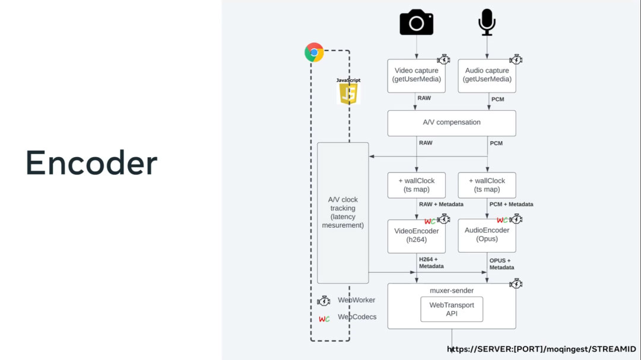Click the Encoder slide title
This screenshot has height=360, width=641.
91,163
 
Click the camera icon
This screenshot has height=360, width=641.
416,22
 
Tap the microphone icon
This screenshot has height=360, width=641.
487,22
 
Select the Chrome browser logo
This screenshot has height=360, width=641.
314,52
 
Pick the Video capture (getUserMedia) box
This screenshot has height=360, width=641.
415,75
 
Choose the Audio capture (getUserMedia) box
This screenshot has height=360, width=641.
487,75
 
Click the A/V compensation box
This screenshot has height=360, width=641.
451,123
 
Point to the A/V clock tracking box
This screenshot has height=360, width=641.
343,212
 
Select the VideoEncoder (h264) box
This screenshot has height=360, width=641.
415,235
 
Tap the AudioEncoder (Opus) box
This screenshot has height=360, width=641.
487,235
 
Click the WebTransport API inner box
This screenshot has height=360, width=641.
451,309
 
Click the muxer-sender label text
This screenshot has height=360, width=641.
452,291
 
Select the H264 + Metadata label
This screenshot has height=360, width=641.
431,262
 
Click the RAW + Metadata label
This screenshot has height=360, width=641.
442,204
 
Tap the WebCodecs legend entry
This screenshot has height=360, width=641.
357,317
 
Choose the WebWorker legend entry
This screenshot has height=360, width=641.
356,300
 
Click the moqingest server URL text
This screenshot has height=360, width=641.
541,349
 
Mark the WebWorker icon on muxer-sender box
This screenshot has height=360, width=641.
516,284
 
